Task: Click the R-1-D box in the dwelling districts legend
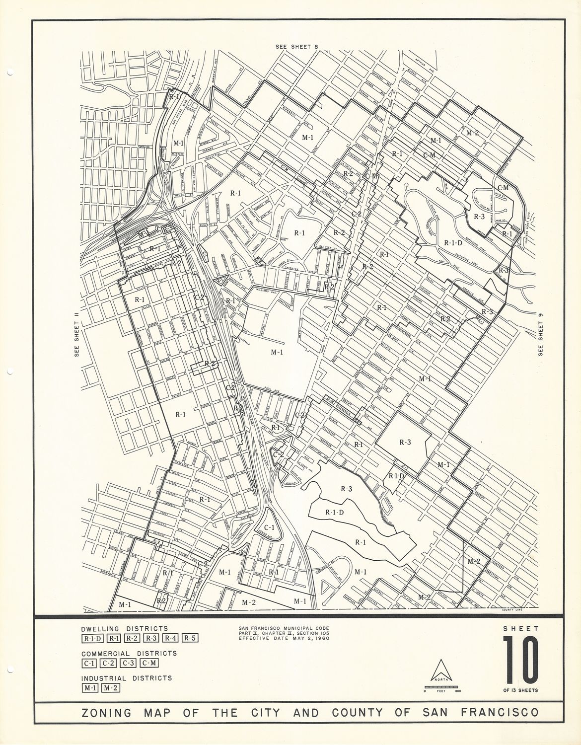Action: click(92, 638)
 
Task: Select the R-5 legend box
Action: click(191, 638)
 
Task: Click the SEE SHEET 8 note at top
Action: click(296, 46)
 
